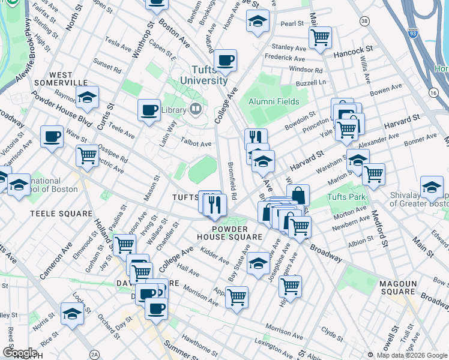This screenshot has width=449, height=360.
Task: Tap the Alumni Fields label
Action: [x=275, y=101]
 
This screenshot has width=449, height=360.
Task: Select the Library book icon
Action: [x=194, y=110]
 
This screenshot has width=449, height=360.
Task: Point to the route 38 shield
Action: [x=364, y=21]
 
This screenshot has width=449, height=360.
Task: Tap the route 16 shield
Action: [x=433, y=92]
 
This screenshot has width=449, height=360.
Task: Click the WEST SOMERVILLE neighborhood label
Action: [x=61, y=77]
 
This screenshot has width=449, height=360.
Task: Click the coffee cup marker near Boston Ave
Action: [x=226, y=60]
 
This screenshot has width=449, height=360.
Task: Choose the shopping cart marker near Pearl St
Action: [x=320, y=37]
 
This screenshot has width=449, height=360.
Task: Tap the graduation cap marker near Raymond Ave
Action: [x=87, y=97]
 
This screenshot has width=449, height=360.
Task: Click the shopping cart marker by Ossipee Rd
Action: [x=88, y=155]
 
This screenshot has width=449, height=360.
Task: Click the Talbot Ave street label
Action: [x=196, y=144]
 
